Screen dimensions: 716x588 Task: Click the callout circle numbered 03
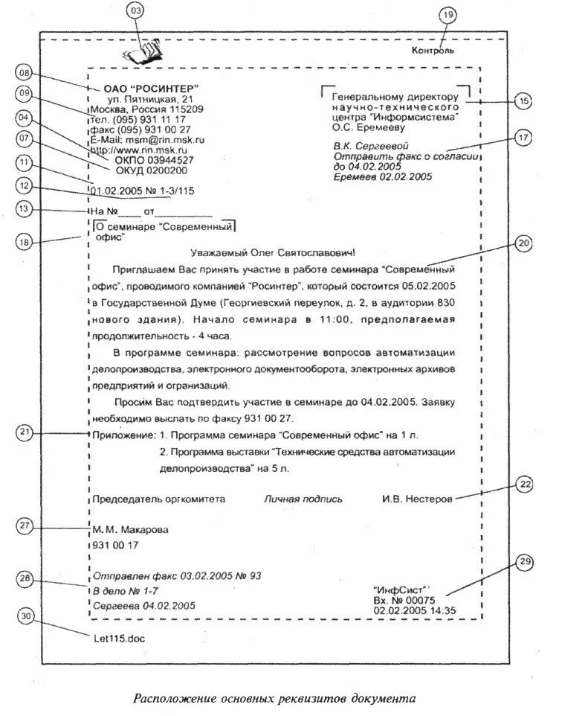coord(135,10)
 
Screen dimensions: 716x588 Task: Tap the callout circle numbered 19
coord(446,15)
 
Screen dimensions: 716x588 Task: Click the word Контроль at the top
coord(433,51)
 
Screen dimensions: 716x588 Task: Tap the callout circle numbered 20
coord(523,244)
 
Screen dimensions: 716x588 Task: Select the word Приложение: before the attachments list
coord(122,434)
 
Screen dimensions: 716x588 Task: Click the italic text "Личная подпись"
coord(303,499)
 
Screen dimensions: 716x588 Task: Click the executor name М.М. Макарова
coord(131,530)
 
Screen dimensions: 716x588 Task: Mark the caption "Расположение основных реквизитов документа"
coord(274,699)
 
